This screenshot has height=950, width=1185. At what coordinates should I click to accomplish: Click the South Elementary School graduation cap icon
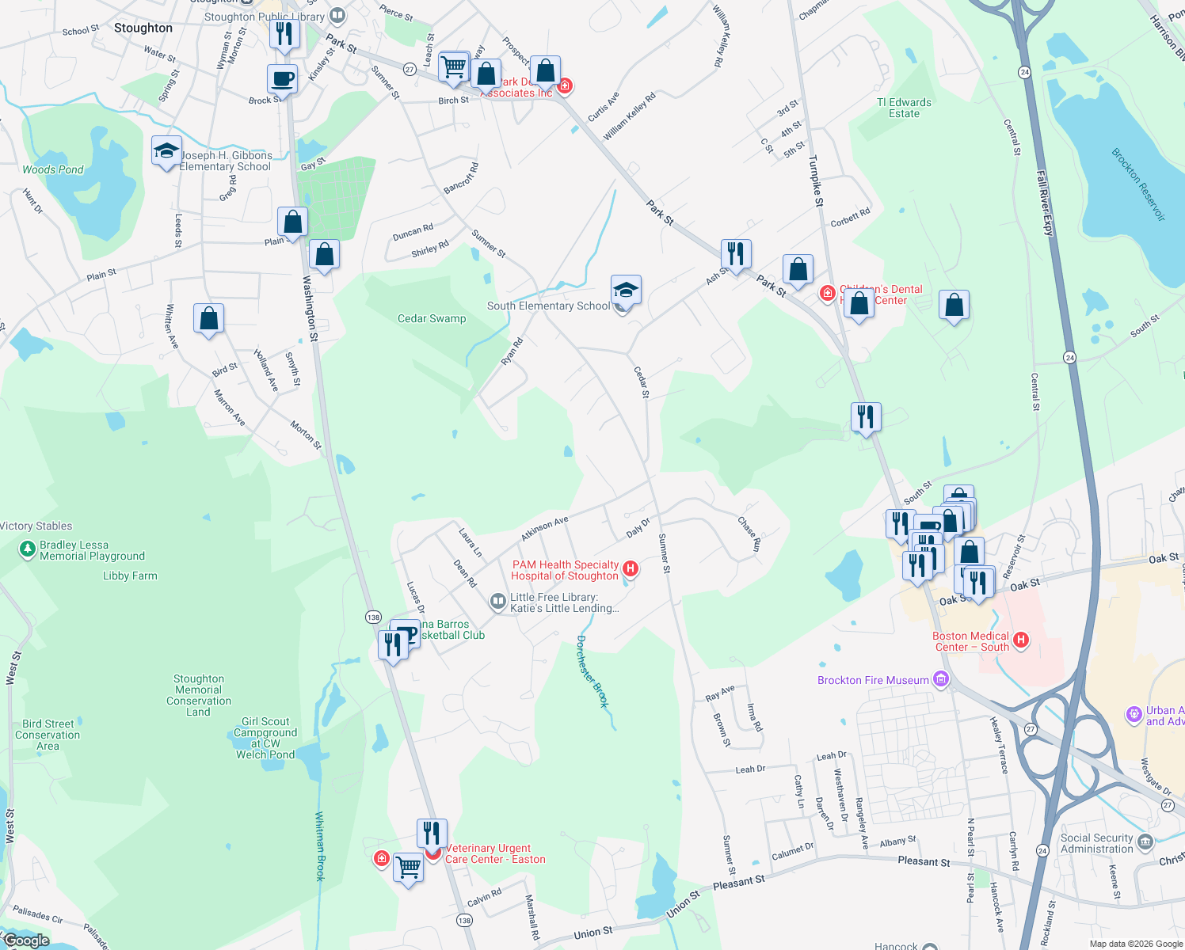coord(626,291)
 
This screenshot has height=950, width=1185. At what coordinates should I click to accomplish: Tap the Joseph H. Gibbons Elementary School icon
coord(166,151)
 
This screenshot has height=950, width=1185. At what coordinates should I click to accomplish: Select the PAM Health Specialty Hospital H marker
coord(631,568)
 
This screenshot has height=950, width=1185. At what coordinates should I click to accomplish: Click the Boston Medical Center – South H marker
coord(1021,640)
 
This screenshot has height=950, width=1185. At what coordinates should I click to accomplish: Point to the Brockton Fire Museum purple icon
coord(941,679)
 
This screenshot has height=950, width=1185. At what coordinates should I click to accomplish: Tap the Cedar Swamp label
coord(432,318)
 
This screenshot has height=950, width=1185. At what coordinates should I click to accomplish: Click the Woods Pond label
coord(53,169)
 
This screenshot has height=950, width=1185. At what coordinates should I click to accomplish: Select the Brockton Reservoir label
coord(1138,184)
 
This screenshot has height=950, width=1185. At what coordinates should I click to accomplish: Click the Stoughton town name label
coord(143,28)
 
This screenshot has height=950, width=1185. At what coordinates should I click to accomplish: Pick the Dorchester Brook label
coord(592,671)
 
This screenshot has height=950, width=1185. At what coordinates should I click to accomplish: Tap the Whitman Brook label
coord(320,845)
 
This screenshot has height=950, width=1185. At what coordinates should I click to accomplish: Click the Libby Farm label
coord(130,576)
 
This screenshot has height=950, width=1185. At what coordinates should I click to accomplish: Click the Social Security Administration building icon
coord(1145,842)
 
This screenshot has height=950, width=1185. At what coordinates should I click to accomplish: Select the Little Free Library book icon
coord(497,602)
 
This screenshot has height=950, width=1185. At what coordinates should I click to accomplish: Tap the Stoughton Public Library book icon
coord(337,15)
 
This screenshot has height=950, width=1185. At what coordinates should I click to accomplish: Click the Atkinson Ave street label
coord(544,529)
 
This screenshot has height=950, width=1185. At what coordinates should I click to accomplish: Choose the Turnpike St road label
coord(816,181)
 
